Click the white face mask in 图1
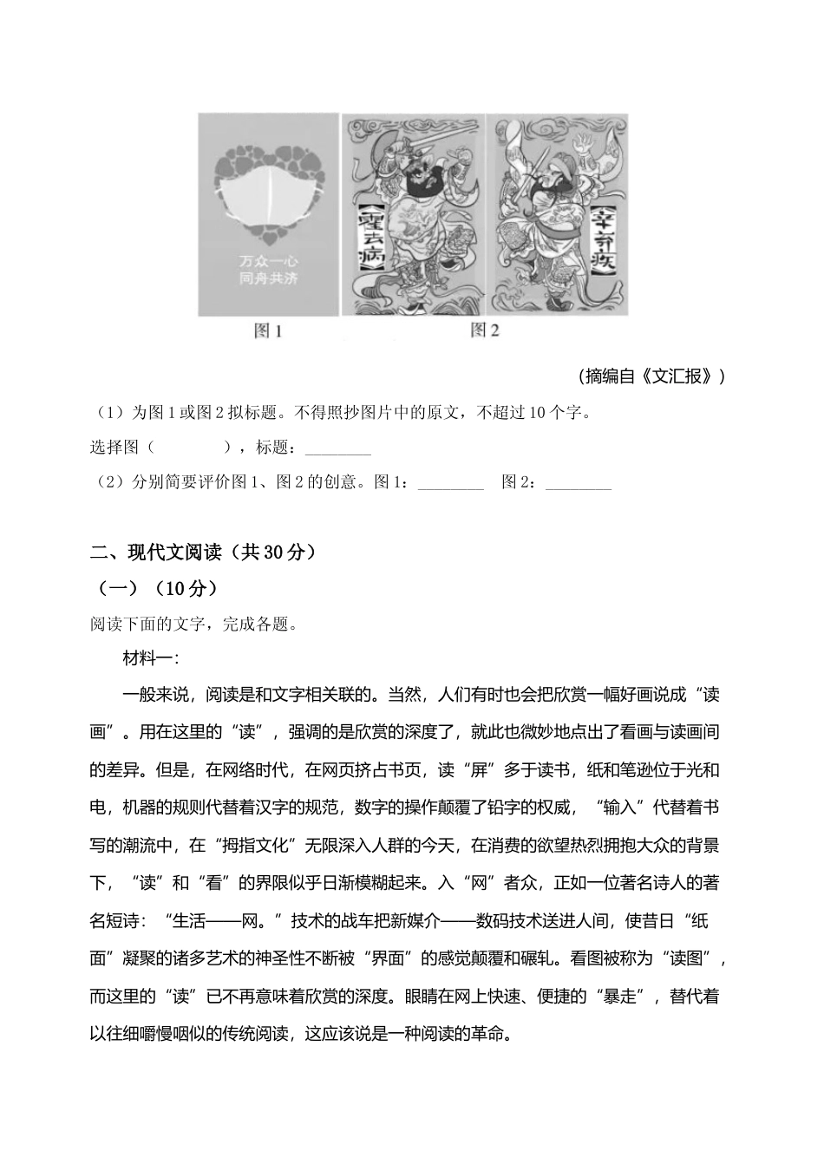pyautogui.click(x=267, y=200)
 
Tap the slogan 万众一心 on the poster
pyautogui.click(x=267, y=260)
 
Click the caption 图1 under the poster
pyautogui.click(x=267, y=330)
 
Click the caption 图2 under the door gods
pyautogui.click(x=484, y=330)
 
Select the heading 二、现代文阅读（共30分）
pyautogui.click(x=204, y=552)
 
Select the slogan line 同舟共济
pyautogui.click(x=267, y=278)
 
